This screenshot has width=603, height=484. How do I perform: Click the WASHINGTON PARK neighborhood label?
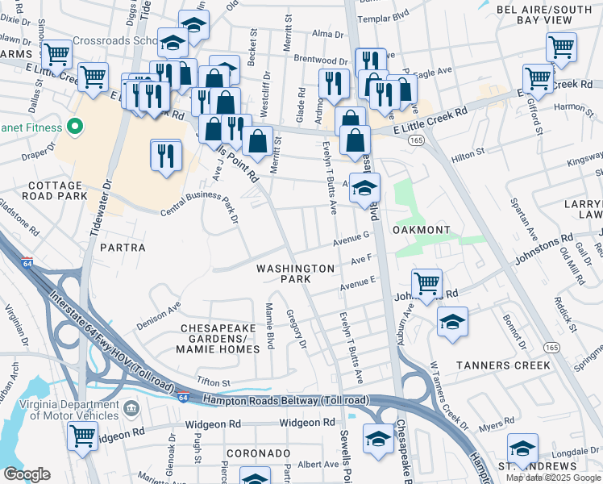click(x=295, y=273)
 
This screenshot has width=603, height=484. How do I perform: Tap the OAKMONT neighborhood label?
click(x=421, y=231)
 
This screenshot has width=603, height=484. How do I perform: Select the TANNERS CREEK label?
click(x=503, y=365)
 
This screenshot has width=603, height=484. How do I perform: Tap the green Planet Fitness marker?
click(x=75, y=127)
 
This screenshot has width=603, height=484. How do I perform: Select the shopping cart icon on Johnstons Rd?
click(x=426, y=284)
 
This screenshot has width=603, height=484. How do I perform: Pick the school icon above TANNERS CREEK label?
click(x=453, y=320)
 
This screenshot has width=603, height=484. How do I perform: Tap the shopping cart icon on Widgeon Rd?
click(x=83, y=436)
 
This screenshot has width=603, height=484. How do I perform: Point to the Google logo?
click(x=27, y=474)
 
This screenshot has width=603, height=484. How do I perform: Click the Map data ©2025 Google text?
click(x=553, y=478)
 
